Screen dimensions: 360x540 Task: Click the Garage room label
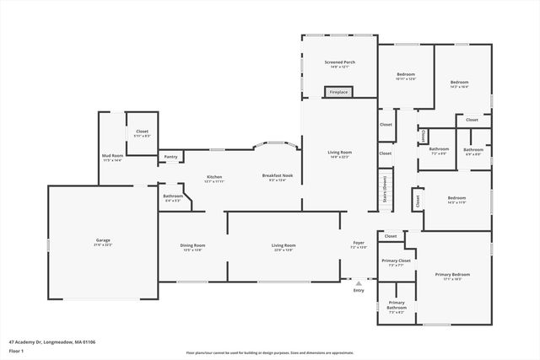click(102, 241)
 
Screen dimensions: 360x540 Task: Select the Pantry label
click(171, 156)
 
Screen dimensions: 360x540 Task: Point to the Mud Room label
click(112, 157)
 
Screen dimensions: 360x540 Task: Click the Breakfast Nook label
click(276, 176)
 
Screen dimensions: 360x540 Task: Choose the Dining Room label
click(192, 247)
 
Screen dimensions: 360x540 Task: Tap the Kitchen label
click(214, 179)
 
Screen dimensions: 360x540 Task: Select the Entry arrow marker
click(359, 282)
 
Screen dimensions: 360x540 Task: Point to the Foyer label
click(359, 244)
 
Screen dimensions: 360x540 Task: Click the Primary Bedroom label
click(452, 277)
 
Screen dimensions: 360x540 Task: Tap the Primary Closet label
click(395, 262)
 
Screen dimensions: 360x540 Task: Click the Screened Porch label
click(338, 64)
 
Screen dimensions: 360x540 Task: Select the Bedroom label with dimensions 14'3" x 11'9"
click(456, 200)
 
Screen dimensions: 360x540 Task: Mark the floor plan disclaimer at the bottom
click(269, 353)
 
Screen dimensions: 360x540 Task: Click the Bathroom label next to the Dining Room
click(172, 198)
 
